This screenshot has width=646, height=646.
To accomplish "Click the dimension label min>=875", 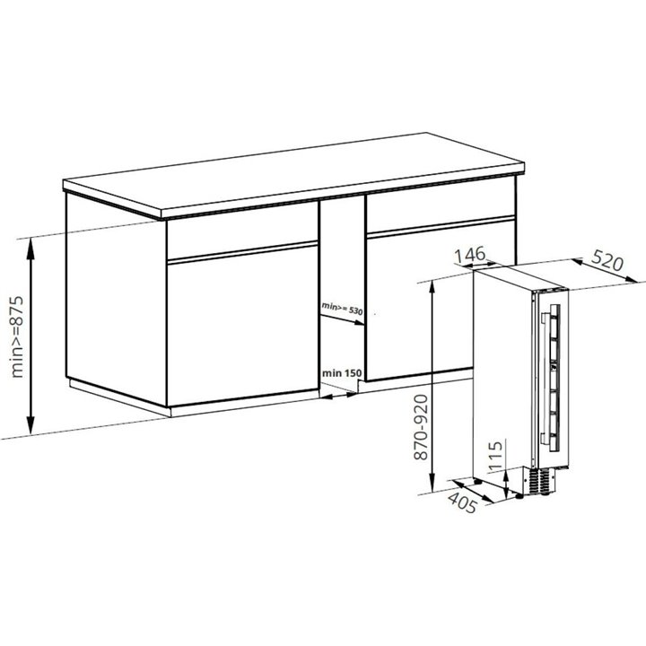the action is (18, 336).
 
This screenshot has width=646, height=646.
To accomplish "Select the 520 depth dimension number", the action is (607, 260).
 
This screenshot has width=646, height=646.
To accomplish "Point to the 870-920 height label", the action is (421, 427).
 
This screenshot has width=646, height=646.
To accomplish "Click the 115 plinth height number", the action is (495, 455).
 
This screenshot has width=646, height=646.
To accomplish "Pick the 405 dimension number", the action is (462, 502).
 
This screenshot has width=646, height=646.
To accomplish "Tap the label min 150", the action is (342, 373).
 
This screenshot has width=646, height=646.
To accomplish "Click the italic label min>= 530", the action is (342, 308).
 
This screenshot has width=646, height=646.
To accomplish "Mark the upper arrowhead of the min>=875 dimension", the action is (31, 247).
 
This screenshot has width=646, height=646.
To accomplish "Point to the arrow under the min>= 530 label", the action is (343, 320).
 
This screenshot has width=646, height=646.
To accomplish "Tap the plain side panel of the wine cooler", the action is (502, 371).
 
